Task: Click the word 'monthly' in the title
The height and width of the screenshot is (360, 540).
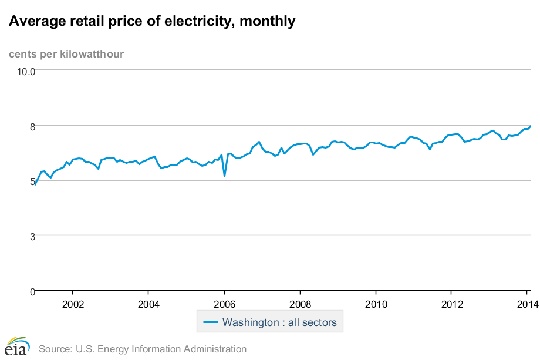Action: pos(265,22)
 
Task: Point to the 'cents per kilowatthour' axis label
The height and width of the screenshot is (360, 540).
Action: pos(66,55)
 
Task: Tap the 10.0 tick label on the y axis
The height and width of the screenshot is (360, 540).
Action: pos(25,71)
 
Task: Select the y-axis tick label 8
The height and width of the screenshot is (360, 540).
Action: pos(32,126)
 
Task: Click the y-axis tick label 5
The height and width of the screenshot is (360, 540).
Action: pos(32,181)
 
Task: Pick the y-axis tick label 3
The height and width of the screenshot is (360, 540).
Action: pos(32,236)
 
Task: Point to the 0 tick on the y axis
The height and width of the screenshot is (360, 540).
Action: pos(32,291)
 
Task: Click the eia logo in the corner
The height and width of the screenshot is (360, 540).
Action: pos(16,346)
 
